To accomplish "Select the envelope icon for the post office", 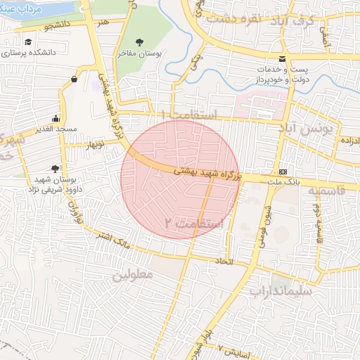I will click(282, 58).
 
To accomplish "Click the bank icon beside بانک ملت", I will click(283, 172).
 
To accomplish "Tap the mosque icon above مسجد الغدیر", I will click(56, 118).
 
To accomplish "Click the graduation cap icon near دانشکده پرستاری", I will click(27, 42).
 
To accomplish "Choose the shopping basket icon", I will click(74, 79).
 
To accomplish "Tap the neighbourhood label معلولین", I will click(131, 276).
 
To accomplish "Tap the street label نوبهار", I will click(93, 145).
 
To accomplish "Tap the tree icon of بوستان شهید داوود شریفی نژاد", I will click(55, 168).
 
